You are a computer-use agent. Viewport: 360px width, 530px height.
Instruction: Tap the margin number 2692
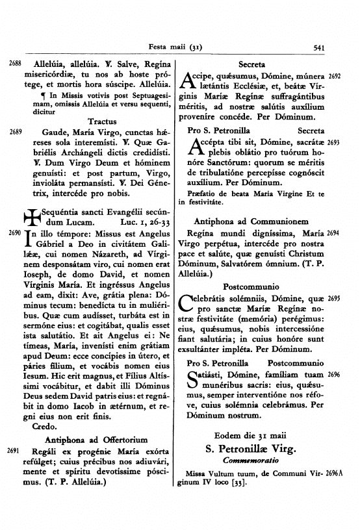[x=335, y=77]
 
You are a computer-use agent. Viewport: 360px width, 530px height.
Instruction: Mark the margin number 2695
[x=335, y=298]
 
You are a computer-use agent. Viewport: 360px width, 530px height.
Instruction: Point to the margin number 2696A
[x=339, y=473]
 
